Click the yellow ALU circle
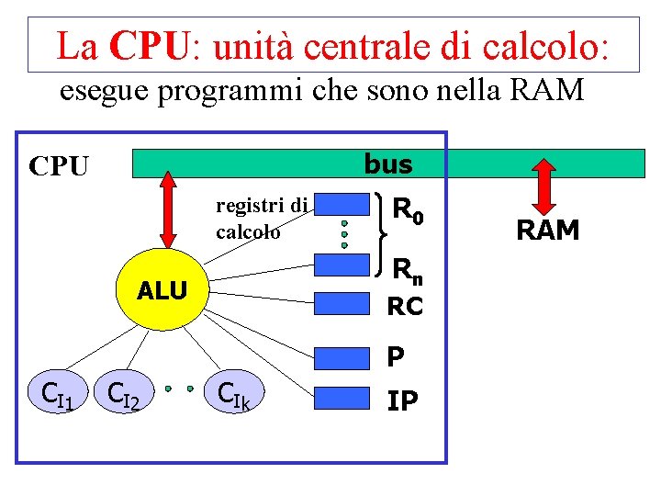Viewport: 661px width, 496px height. [162, 290]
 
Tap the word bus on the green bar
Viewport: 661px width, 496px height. [388, 164]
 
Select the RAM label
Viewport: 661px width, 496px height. [548, 231]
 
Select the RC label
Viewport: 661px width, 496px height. [405, 307]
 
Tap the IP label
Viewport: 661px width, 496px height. [402, 400]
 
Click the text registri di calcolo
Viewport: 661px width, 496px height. [261, 218]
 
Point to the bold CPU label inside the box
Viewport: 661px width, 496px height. [59, 166]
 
